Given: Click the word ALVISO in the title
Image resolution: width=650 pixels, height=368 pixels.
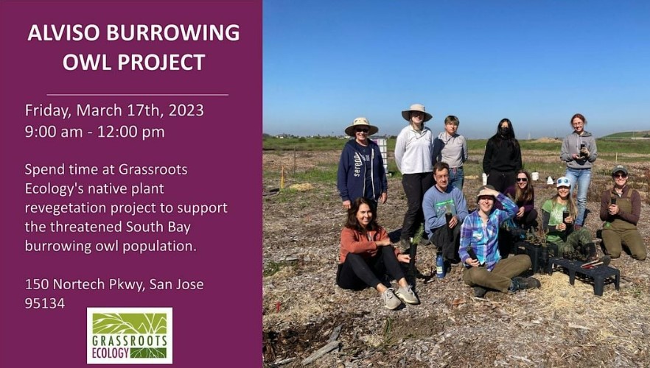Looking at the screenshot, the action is point(64,32).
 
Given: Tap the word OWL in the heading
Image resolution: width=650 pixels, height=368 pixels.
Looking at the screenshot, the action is point(87,62).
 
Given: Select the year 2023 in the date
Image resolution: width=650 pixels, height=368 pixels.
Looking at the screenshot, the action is point(186,110).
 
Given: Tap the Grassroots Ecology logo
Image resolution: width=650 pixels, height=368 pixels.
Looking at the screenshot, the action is point(130,336).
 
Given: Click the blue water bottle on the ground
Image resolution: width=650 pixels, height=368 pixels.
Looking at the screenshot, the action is point(440,265).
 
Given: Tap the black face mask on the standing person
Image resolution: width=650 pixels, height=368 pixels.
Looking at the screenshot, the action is point(504,132).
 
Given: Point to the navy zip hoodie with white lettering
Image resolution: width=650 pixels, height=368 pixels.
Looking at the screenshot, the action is point(361,170).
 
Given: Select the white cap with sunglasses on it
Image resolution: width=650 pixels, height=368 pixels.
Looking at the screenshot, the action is point(564,182).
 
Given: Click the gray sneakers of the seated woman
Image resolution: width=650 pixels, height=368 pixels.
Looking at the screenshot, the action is point(399,297).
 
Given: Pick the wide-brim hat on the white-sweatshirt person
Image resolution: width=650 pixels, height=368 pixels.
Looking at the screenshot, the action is point(416,111).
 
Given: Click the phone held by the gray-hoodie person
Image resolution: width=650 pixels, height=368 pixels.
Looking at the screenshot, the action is point(584,149).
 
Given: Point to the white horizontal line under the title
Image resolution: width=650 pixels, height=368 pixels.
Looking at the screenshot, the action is point(137,95).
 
